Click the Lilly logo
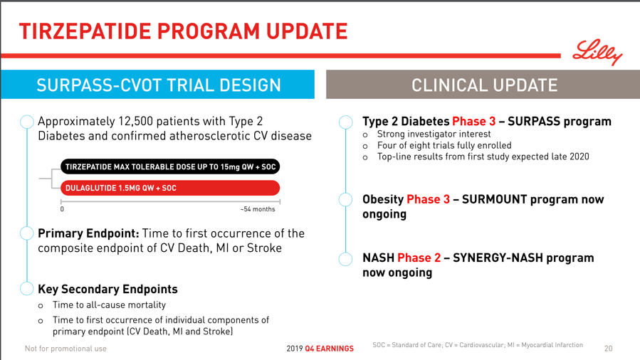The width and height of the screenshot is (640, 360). [597, 52]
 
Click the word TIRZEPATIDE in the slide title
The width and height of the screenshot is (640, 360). [85, 31]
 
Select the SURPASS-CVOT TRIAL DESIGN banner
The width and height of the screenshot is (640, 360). [157, 85]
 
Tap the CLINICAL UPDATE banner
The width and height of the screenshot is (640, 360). [483, 85]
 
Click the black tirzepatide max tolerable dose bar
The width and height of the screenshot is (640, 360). [170, 166]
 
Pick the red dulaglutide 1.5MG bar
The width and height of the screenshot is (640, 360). [170, 188]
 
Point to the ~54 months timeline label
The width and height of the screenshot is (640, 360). [258, 209]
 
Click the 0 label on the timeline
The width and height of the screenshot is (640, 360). [62, 209]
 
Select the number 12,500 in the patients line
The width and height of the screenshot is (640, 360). [135, 122]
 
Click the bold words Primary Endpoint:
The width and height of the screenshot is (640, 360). [88, 233]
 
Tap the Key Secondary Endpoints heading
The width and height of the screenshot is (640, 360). [107, 289]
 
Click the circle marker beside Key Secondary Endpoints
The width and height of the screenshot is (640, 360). [26, 288]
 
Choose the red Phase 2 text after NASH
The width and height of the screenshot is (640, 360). [419, 258]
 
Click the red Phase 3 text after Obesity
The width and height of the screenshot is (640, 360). [428, 199]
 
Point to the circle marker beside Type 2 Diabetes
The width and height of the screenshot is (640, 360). [346, 122]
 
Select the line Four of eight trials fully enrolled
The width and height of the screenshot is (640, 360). [444, 145]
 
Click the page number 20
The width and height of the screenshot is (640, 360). [608, 349]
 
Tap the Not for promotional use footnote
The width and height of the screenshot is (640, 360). [65, 349]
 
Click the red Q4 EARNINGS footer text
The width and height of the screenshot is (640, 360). [329, 349]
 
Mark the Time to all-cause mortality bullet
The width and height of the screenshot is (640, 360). [109, 305]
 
